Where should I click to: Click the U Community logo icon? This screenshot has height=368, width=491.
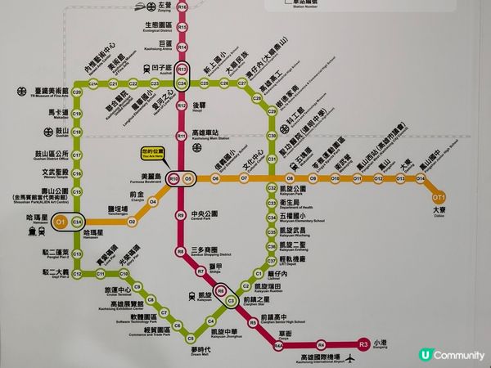point(424,354)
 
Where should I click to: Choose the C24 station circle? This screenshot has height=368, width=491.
point(182,83)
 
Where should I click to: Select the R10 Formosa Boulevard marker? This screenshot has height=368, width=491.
point(173,178)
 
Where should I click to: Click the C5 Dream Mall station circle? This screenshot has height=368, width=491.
point(190,338)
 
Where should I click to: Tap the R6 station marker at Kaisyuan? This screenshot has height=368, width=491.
point(220,289)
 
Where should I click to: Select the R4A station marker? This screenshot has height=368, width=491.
point(277,346)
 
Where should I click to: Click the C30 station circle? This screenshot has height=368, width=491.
point(272,137)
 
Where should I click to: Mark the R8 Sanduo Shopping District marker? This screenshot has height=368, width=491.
point(180,251)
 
